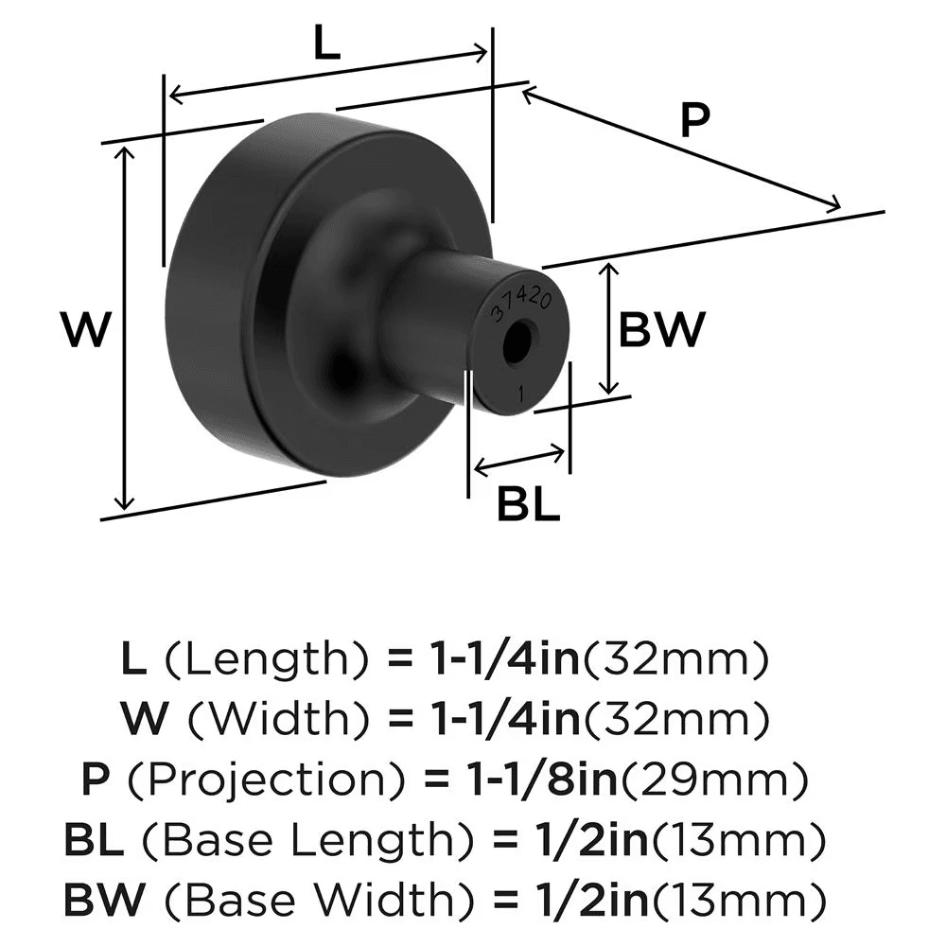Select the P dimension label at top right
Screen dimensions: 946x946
pos(695,122)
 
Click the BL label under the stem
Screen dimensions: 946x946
pos(529,507)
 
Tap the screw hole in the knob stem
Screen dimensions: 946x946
pos(517,345)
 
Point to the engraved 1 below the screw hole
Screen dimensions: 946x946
pos(521,390)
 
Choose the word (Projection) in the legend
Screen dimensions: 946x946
pos(261,780)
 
